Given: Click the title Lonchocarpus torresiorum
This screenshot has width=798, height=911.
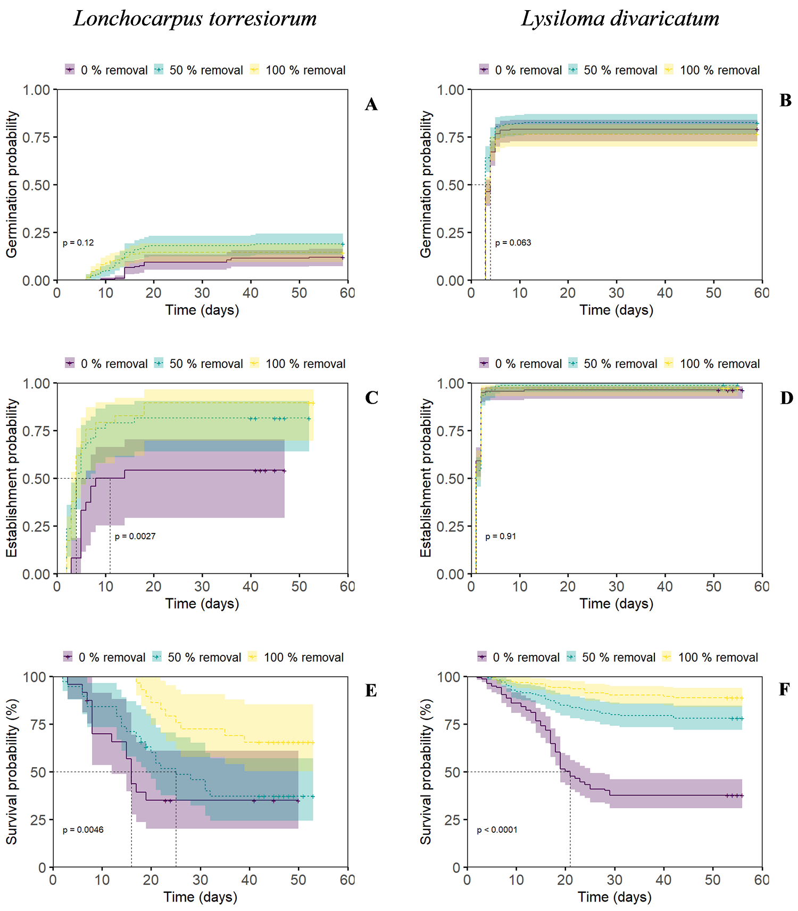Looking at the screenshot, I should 195,19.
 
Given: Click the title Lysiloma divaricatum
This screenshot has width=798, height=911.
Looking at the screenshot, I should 620,19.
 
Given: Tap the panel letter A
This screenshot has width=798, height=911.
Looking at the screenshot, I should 371,104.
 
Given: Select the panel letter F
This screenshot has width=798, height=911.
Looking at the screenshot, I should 784,690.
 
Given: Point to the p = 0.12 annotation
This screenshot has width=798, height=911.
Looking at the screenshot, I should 78,243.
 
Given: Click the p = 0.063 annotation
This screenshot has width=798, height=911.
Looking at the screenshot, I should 513,243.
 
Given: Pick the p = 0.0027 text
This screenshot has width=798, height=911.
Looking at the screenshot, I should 135,536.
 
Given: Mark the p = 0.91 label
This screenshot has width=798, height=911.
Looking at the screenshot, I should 501,536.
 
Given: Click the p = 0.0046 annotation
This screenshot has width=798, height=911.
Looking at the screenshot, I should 83,830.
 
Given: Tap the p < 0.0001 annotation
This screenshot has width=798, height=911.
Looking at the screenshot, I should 497,830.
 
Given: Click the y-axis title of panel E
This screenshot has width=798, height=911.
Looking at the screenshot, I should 12,772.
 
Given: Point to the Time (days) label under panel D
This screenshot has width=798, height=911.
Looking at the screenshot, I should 616,603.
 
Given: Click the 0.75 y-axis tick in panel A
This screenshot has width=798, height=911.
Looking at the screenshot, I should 36,137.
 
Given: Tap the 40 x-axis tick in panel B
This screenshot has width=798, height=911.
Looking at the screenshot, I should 665,293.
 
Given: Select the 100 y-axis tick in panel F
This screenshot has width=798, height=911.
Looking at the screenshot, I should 448,677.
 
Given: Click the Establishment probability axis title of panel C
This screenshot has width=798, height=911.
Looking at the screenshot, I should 12,478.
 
